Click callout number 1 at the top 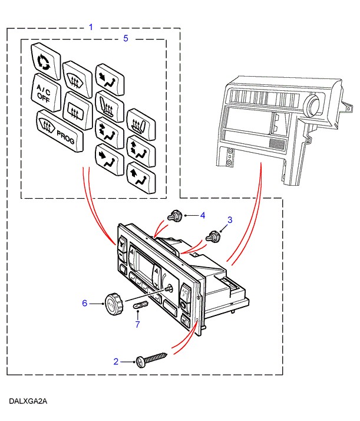91,27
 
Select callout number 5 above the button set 125,38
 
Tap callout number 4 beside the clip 202,216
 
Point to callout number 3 230,220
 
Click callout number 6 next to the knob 84,303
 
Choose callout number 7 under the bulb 137,324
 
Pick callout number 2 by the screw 116,361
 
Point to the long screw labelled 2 153,359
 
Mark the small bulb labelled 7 140,306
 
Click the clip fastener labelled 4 174,216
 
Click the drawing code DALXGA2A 28,402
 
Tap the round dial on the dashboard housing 313,107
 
